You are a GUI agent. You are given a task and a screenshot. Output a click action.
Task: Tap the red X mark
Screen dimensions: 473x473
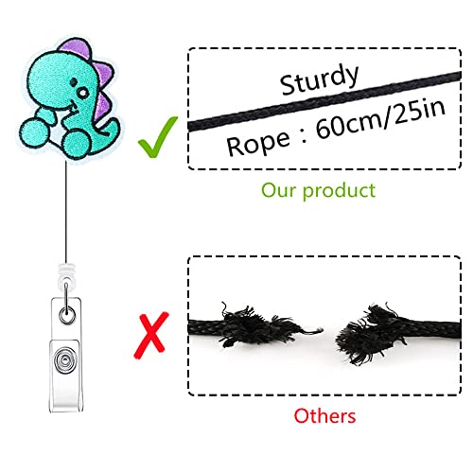[x=151, y=335]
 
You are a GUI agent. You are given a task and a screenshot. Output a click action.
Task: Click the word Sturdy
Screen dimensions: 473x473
[x=319, y=79]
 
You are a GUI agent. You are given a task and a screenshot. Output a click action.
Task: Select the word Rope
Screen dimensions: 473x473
[x=258, y=144]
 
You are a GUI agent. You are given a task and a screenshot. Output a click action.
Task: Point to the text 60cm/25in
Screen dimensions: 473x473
[x=380, y=119]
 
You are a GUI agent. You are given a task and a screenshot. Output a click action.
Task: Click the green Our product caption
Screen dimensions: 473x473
[x=319, y=191]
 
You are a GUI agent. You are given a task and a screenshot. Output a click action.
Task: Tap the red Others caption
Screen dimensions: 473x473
[x=324, y=415]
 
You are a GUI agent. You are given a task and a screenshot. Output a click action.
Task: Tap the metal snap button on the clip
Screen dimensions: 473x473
[x=65, y=360]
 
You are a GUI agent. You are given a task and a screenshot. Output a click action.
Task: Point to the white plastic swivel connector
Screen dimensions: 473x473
[x=66, y=273]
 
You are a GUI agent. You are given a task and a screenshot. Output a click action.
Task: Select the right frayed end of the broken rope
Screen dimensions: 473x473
[x=372, y=333]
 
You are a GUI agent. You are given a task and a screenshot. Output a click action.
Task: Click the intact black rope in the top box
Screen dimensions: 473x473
[x=324, y=101]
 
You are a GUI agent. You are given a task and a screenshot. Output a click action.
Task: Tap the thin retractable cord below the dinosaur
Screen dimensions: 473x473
[x=66, y=212]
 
